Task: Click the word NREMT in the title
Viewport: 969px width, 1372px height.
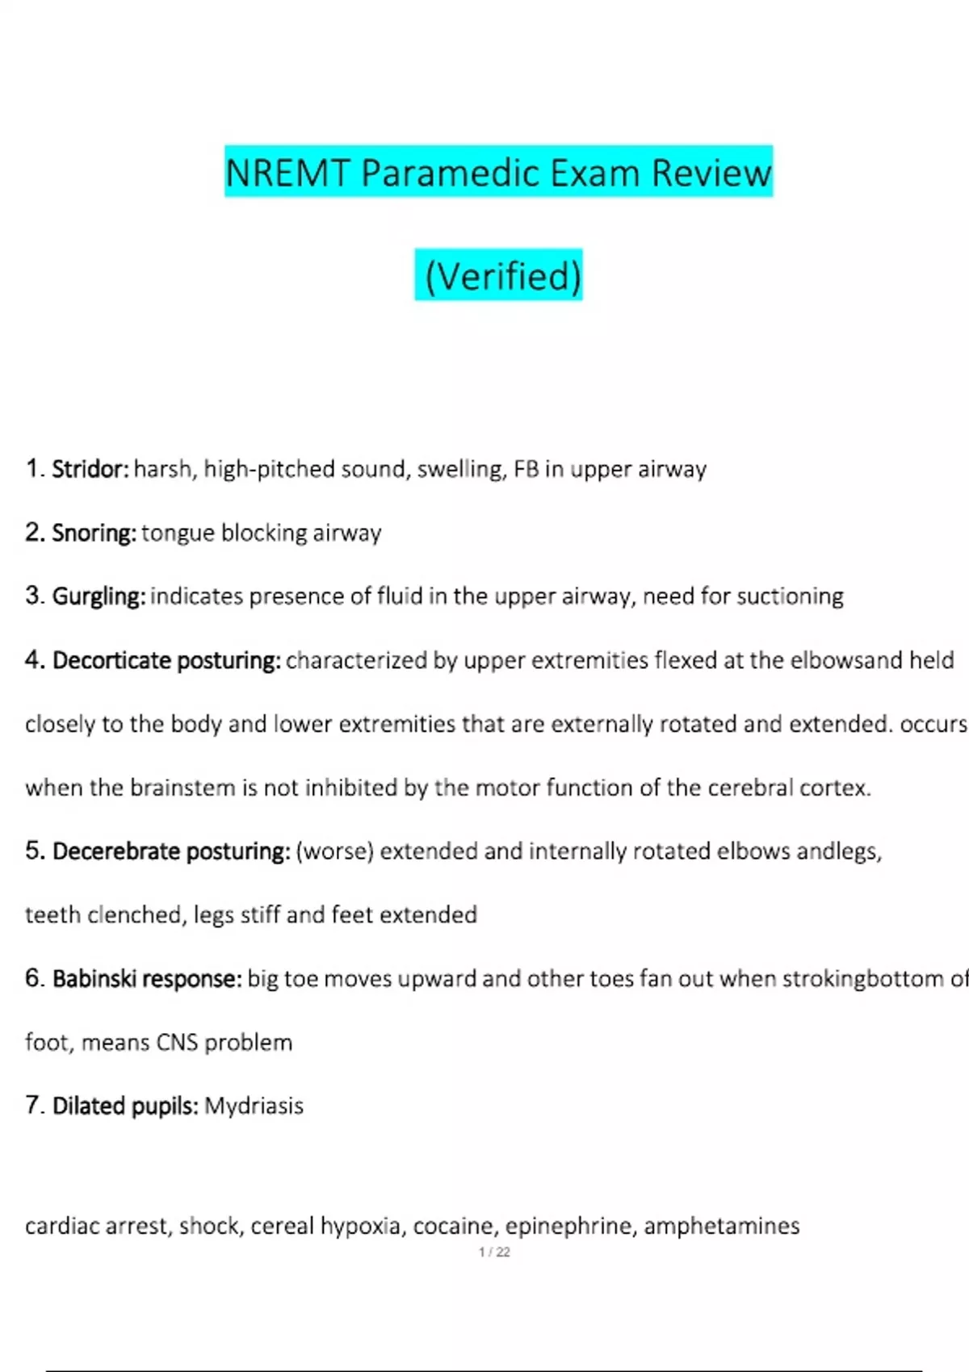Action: click(x=287, y=173)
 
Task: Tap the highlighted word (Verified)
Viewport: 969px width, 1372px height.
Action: click(x=502, y=276)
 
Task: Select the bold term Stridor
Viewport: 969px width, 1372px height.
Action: click(x=90, y=469)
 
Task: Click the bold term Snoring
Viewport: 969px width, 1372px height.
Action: click(x=94, y=533)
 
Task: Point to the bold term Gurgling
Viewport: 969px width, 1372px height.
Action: click(x=99, y=596)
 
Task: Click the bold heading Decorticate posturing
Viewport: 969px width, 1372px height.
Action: click(x=166, y=660)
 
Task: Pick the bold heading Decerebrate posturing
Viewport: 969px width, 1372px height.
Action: click(x=170, y=851)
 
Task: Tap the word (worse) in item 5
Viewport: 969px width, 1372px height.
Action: click(x=334, y=851)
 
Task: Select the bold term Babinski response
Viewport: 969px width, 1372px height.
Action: click(x=147, y=979)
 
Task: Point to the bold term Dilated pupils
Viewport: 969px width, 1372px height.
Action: click(x=125, y=1106)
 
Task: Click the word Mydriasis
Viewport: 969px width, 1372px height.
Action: click(x=254, y=1106)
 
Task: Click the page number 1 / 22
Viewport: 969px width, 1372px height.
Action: click(x=494, y=1252)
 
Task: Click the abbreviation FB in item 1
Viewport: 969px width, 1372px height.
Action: click(x=526, y=469)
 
